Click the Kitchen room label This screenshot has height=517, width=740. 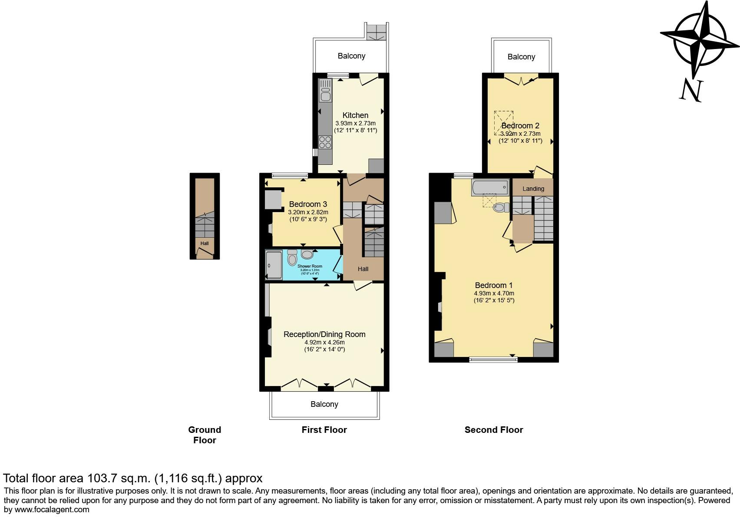(355, 115)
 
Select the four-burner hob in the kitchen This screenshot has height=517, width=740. (325, 142)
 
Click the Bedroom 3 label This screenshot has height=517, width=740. (308, 204)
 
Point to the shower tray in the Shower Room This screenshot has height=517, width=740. (274, 265)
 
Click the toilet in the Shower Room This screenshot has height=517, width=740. (292, 259)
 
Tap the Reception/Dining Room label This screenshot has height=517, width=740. (324, 334)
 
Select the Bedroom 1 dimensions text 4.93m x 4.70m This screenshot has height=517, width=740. (494, 293)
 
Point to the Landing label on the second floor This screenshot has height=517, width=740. (533, 189)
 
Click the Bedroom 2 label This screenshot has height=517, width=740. (520, 126)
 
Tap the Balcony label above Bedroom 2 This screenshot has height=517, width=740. (521, 57)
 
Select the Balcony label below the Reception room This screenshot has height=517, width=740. (324, 404)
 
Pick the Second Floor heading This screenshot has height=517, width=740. (494, 430)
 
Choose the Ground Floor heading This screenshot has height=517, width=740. (205, 435)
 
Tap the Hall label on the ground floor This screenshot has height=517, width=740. (205, 243)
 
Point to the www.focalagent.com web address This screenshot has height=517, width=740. (52, 510)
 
